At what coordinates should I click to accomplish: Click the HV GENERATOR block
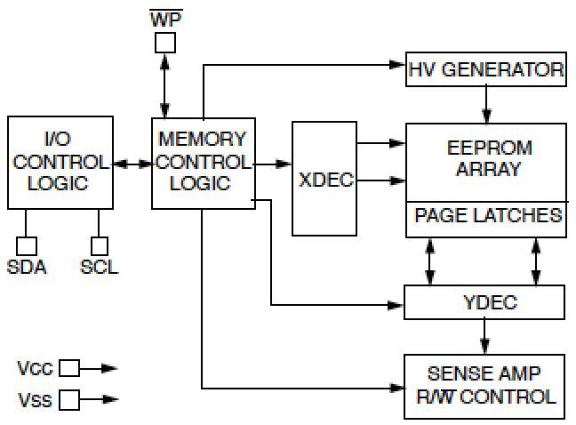(x=485, y=69)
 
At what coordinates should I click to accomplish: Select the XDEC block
(x=324, y=179)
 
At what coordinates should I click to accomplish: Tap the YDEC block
(x=484, y=302)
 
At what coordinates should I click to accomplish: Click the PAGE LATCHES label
(x=488, y=215)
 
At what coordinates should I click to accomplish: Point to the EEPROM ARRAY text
(x=489, y=158)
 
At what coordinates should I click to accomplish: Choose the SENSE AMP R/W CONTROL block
(x=484, y=387)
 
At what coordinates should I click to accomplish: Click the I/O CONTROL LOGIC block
(x=60, y=163)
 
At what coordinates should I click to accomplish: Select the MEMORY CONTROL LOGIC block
(x=204, y=164)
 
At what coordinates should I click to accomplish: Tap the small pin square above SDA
(x=27, y=246)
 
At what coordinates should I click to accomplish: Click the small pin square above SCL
(x=100, y=246)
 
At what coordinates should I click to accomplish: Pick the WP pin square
(x=165, y=43)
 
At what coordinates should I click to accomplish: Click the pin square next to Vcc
(x=69, y=368)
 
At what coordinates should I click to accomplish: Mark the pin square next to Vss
(x=69, y=399)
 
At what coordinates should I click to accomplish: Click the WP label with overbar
(x=166, y=19)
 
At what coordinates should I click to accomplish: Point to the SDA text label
(x=27, y=267)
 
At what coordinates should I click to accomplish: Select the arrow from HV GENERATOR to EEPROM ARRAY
(x=486, y=105)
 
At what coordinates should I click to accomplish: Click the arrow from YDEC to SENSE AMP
(x=484, y=337)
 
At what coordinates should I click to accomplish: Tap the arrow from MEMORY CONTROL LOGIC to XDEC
(x=274, y=164)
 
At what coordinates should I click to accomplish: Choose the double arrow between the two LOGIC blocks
(x=132, y=164)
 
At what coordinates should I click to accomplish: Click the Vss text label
(x=35, y=400)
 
